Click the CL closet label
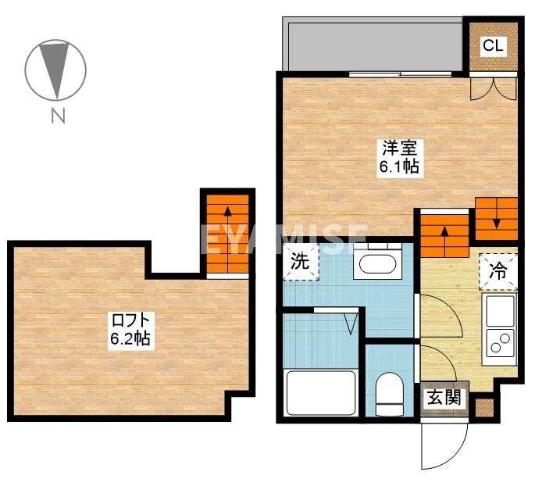(494, 45)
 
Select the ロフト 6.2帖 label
(131, 330)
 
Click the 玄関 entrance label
(444, 398)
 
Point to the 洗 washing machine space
(301, 262)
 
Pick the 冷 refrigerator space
(498, 272)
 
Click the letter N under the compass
(58, 116)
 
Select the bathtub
(321, 392)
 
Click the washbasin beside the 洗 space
(378, 261)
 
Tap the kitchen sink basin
(500, 310)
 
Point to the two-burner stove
(500, 342)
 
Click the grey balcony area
(373, 44)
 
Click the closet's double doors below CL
(494, 89)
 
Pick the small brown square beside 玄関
(484, 408)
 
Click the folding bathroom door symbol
(351, 324)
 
